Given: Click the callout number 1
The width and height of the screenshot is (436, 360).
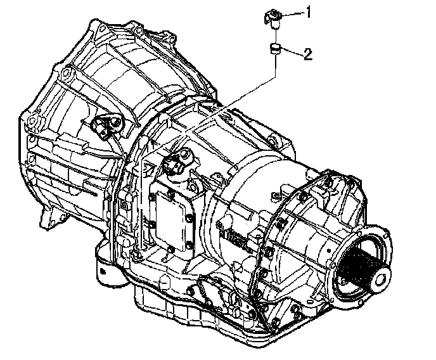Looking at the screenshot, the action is (309, 12).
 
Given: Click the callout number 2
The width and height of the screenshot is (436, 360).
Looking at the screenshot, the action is (308, 54).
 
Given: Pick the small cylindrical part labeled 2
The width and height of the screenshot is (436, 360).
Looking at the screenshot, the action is (275, 49).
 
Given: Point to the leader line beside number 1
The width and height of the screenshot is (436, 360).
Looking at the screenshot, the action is (292, 15).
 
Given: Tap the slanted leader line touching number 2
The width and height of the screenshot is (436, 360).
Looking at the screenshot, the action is (291, 53).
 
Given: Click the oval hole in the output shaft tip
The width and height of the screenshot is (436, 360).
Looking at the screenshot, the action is (381, 278).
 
